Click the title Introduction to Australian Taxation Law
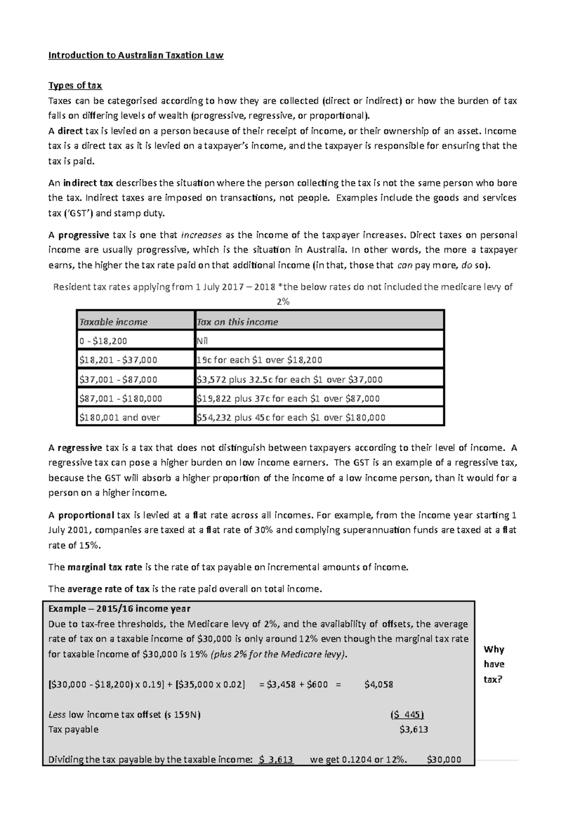(x=136, y=55)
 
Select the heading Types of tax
(x=75, y=86)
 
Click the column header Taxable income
(x=113, y=322)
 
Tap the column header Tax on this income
(x=237, y=322)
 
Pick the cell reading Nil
(x=203, y=341)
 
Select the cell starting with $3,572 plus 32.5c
(x=290, y=380)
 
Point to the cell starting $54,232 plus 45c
(x=291, y=417)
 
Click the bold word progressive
(x=84, y=235)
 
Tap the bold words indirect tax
(x=88, y=183)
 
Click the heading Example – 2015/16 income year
(x=119, y=609)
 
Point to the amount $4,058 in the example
(x=378, y=685)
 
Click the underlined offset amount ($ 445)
(x=406, y=715)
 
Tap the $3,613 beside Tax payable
(x=414, y=730)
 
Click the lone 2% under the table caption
(x=283, y=302)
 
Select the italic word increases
(x=201, y=235)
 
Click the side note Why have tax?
(x=493, y=664)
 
